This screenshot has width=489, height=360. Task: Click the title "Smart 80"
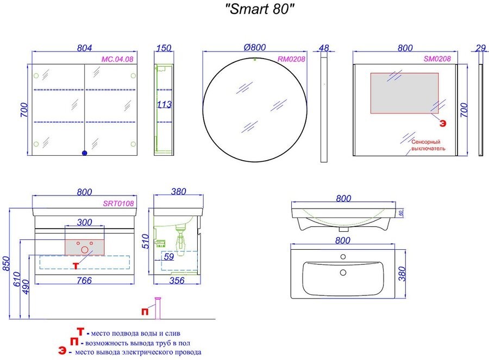[x=260, y=9]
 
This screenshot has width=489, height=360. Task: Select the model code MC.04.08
[x=117, y=59]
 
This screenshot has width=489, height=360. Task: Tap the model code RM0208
[x=291, y=59]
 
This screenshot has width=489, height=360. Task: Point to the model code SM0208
[x=437, y=59]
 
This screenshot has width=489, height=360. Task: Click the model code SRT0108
[x=118, y=204]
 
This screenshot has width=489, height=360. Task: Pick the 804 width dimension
[x=85, y=48]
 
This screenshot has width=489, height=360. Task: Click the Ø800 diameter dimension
[x=255, y=47]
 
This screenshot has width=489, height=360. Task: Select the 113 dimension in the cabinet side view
[x=164, y=104]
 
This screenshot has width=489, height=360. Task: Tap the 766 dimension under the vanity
[x=84, y=281]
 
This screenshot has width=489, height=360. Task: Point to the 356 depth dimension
[x=177, y=281]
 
